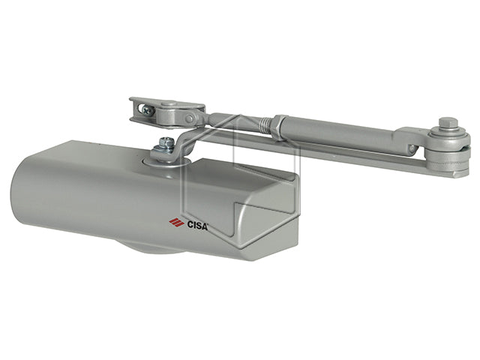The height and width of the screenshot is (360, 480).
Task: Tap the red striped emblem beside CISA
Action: coord(175,221)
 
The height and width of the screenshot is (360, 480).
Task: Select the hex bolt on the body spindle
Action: coord(168,142)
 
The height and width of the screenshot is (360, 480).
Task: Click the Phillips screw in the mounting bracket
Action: coord(148,109)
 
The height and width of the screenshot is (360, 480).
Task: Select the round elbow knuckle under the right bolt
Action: coord(450,147)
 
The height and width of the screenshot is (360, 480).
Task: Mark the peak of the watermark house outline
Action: coord(238,116)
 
